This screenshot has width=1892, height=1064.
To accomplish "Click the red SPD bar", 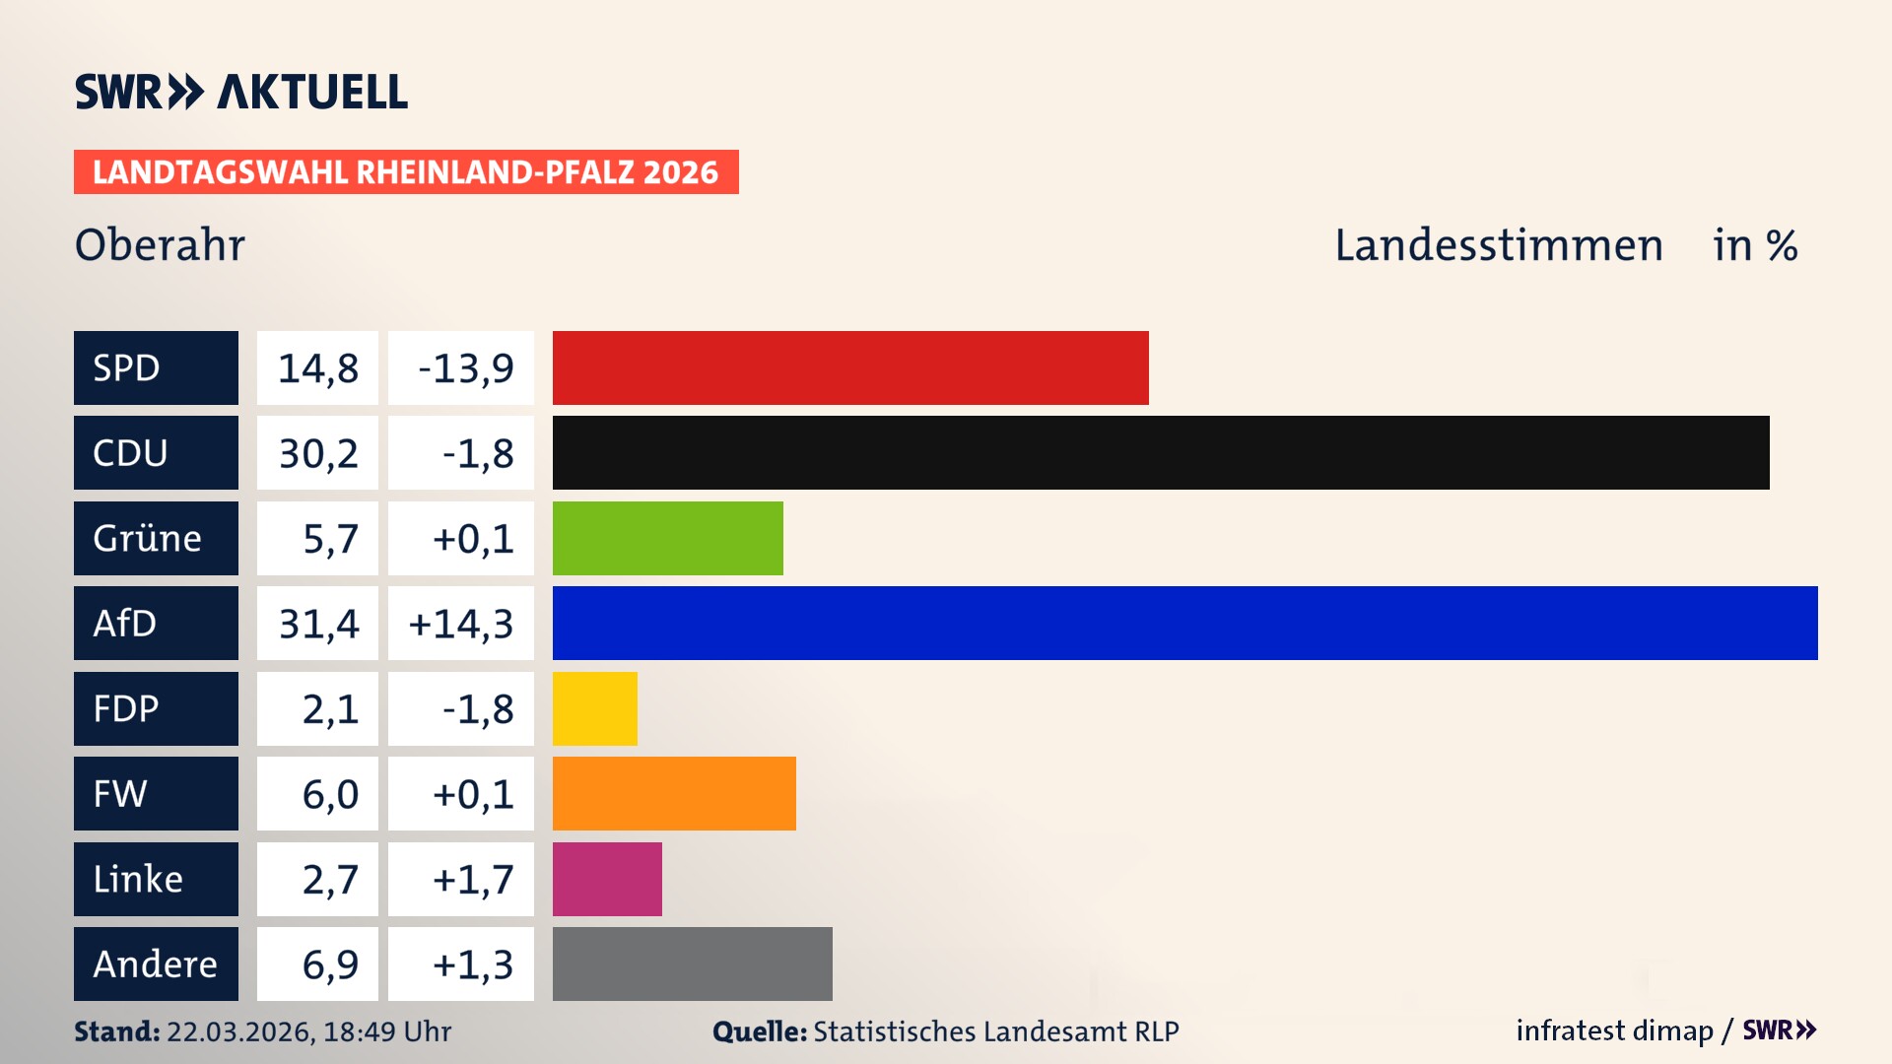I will point(850,367).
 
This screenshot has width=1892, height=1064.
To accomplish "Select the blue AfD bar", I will point(1184,623).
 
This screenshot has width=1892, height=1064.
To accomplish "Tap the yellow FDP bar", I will point(594,708).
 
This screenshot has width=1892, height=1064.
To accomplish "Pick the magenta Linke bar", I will point(607,879).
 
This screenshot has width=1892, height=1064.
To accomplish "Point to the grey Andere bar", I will point(692,964).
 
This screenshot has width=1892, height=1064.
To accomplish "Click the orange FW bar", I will point(674,793).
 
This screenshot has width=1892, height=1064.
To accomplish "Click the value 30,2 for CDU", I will point(317,453).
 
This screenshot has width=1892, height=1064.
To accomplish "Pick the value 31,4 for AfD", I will point(317,624).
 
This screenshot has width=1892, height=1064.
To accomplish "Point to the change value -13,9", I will point(465,368).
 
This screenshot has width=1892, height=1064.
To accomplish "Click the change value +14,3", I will point(460,624).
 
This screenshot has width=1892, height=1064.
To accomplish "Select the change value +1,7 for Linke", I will point(472,879).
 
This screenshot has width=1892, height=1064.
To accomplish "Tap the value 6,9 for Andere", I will point(329,964).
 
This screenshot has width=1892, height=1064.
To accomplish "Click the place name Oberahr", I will point(160,244).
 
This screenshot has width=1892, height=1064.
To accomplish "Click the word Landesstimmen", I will point(1498,245).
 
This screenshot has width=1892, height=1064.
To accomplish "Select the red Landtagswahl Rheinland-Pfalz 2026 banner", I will point(406,172).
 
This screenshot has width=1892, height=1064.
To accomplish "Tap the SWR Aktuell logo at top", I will point(241,92).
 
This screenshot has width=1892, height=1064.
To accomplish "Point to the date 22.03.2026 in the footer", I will point(239,1031).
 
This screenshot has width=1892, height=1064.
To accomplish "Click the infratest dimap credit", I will point(1613,1031).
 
